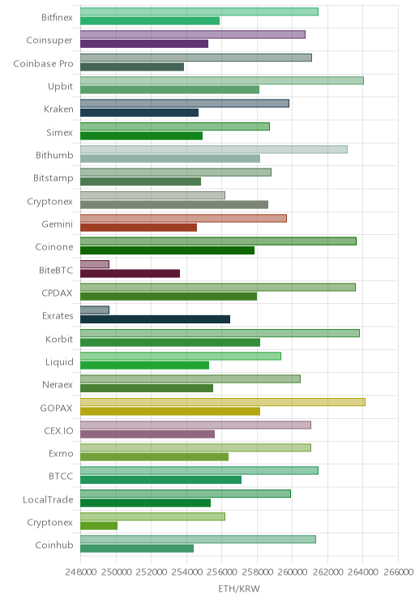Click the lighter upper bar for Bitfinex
coord(199,11)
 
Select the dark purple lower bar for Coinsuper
coord(144,44)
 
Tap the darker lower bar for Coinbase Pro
coord(132,66)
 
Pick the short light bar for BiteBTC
coord(95,264)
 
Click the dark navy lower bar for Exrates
coord(155,319)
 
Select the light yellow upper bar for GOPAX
coord(223,402)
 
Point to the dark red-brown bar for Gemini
coord(139,227)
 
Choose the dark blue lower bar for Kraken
coord(139,113)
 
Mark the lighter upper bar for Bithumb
coord(214,149)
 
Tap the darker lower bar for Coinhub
coord(137,549)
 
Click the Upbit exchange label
coord(60,86)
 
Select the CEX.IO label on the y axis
coord(58,430)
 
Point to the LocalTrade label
coord(48,499)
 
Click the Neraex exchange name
coord(58,384)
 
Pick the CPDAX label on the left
coord(57,293)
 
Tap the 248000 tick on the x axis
coord(81,571)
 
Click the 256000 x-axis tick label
coord(222,571)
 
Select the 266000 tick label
coord(399,571)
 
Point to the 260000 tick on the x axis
coord(293,571)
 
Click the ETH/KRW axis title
coord(239,588)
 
